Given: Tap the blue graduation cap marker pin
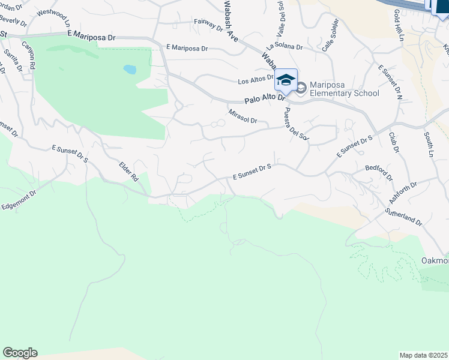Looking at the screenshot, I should click(286, 80).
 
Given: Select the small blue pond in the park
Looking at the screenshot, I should click(130, 69).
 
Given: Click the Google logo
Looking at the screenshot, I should click(20, 353).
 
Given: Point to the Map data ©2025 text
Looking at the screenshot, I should click(424, 355).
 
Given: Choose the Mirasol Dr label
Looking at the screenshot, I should click(243, 116).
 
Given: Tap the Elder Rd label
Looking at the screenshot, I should click(128, 170).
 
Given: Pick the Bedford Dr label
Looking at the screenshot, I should click(379, 173).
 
